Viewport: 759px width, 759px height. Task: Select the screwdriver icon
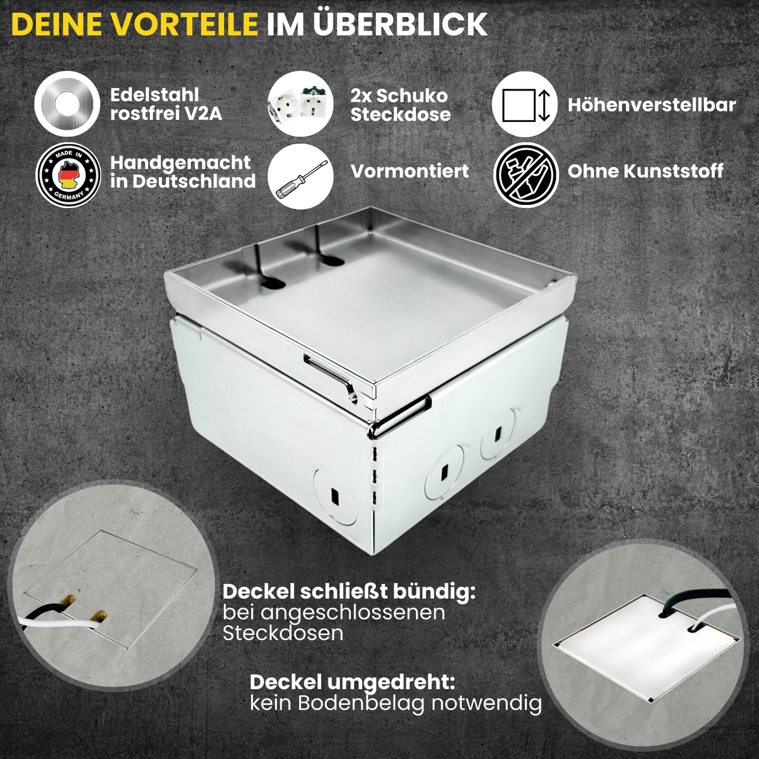pos(300,176)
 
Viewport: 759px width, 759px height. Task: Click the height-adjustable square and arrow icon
pos(524,105)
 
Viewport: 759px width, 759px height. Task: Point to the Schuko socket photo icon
pos(300,105)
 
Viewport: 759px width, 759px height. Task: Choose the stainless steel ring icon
pos(67,104)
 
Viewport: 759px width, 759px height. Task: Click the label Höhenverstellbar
pos(652,105)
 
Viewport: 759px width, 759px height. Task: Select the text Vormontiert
pos(410,171)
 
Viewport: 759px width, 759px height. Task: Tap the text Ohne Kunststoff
pos(646,171)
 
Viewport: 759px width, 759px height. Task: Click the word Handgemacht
pos(180,163)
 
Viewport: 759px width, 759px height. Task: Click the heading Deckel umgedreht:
pos(352,683)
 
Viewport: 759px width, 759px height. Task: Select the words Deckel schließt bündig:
pos(349,592)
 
